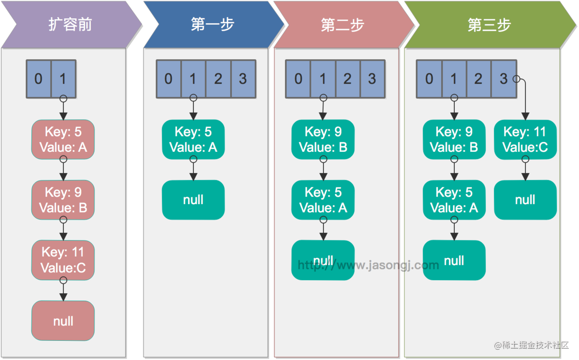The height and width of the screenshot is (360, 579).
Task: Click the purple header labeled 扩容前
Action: [x=70, y=24]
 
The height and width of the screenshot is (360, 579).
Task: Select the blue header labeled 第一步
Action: [x=212, y=24]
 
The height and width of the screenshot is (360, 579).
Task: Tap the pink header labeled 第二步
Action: [x=342, y=24]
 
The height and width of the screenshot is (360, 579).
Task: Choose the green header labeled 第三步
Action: [x=489, y=24]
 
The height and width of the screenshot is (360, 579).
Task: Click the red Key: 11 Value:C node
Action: [x=63, y=260]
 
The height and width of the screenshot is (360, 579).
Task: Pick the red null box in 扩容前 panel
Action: [x=63, y=321]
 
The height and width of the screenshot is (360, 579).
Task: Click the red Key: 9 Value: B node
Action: [x=63, y=200]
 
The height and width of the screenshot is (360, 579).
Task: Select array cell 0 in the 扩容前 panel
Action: [x=38, y=79]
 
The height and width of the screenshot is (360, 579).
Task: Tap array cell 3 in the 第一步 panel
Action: [x=243, y=79]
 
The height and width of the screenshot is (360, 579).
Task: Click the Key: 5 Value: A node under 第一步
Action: [x=193, y=140]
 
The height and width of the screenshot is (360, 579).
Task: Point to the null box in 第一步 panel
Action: [x=193, y=200]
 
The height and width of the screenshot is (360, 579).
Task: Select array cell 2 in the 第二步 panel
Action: [x=347, y=79]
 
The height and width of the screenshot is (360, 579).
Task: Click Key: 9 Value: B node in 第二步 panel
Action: [x=323, y=140]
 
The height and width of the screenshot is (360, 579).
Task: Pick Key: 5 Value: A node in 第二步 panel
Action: [x=323, y=200]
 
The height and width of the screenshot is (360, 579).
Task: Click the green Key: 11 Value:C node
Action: [x=525, y=140]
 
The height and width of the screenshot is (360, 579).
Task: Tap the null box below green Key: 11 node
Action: [x=525, y=200]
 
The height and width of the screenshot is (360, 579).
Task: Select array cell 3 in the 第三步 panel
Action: [x=503, y=79]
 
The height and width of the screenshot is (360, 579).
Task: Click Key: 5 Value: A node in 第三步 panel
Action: [x=454, y=200]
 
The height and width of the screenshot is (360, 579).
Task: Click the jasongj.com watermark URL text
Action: [x=368, y=265]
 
